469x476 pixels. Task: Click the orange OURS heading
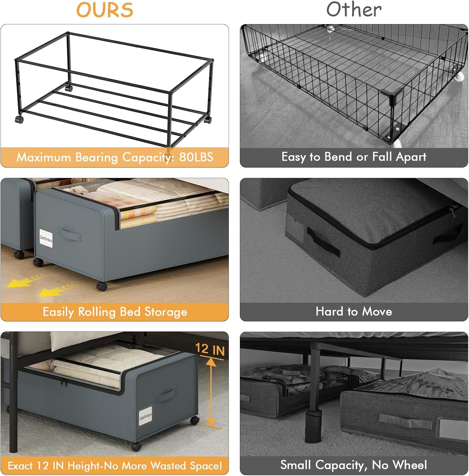[105, 10]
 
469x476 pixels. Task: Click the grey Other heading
[354, 10]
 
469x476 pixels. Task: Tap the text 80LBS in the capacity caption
[196, 157]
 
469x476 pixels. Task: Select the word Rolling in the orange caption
[97, 312]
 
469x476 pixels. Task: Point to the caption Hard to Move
[354, 312]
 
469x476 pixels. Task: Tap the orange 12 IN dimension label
[210, 349]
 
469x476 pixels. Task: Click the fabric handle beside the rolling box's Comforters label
[69, 234]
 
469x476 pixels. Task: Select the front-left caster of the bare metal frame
[19, 120]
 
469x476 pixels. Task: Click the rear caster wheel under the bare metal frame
[69, 88]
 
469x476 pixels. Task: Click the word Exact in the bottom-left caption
[20, 466]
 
